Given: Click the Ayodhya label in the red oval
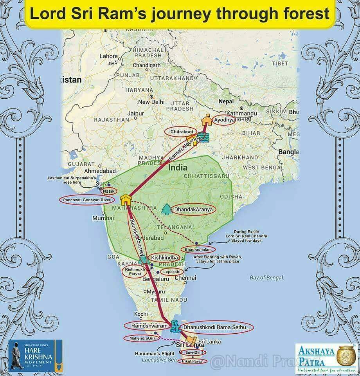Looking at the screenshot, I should click(223, 119).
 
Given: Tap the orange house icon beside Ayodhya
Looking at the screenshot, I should click(206, 119).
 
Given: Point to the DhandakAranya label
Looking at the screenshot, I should click(193, 210).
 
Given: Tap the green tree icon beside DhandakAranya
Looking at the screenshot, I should click(167, 209).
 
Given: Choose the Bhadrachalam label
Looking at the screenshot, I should click(198, 249).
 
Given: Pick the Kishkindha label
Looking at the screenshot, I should click(165, 258).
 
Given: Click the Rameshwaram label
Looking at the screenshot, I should click(144, 326).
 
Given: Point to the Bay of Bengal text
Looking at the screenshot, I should click(266, 278).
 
